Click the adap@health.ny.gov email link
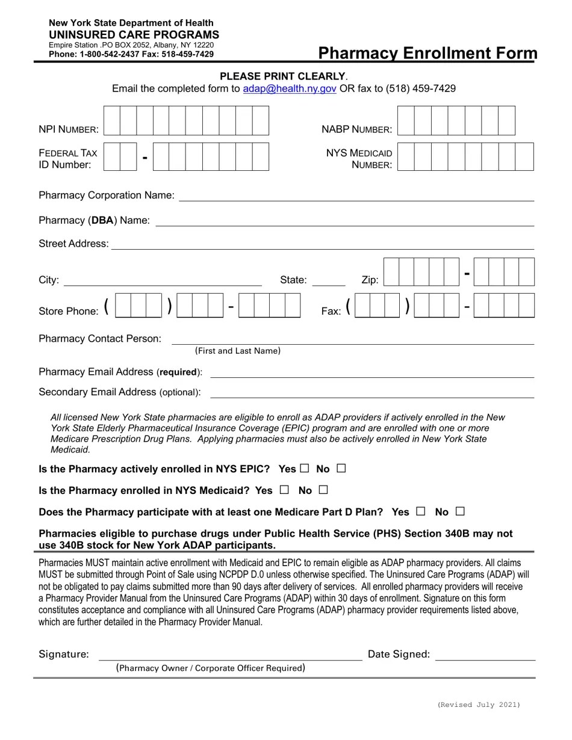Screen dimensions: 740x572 [289, 89]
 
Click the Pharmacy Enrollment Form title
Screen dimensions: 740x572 [427, 53]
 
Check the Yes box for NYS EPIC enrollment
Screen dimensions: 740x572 [304, 468]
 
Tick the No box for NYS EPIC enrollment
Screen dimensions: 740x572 [341, 468]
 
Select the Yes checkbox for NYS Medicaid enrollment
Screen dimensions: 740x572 [284, 490]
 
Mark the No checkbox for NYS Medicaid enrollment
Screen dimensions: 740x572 [323, 490]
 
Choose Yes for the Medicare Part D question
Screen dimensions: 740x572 [421, 511]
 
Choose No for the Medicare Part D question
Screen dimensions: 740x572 [461, 511]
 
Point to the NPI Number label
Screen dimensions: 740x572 [69, 129]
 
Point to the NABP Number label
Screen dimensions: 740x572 [356, 129]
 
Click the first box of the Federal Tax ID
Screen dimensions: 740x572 [112, 157]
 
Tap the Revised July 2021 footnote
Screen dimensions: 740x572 [479, 705]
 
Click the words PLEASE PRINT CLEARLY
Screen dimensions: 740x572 [282, 76]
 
